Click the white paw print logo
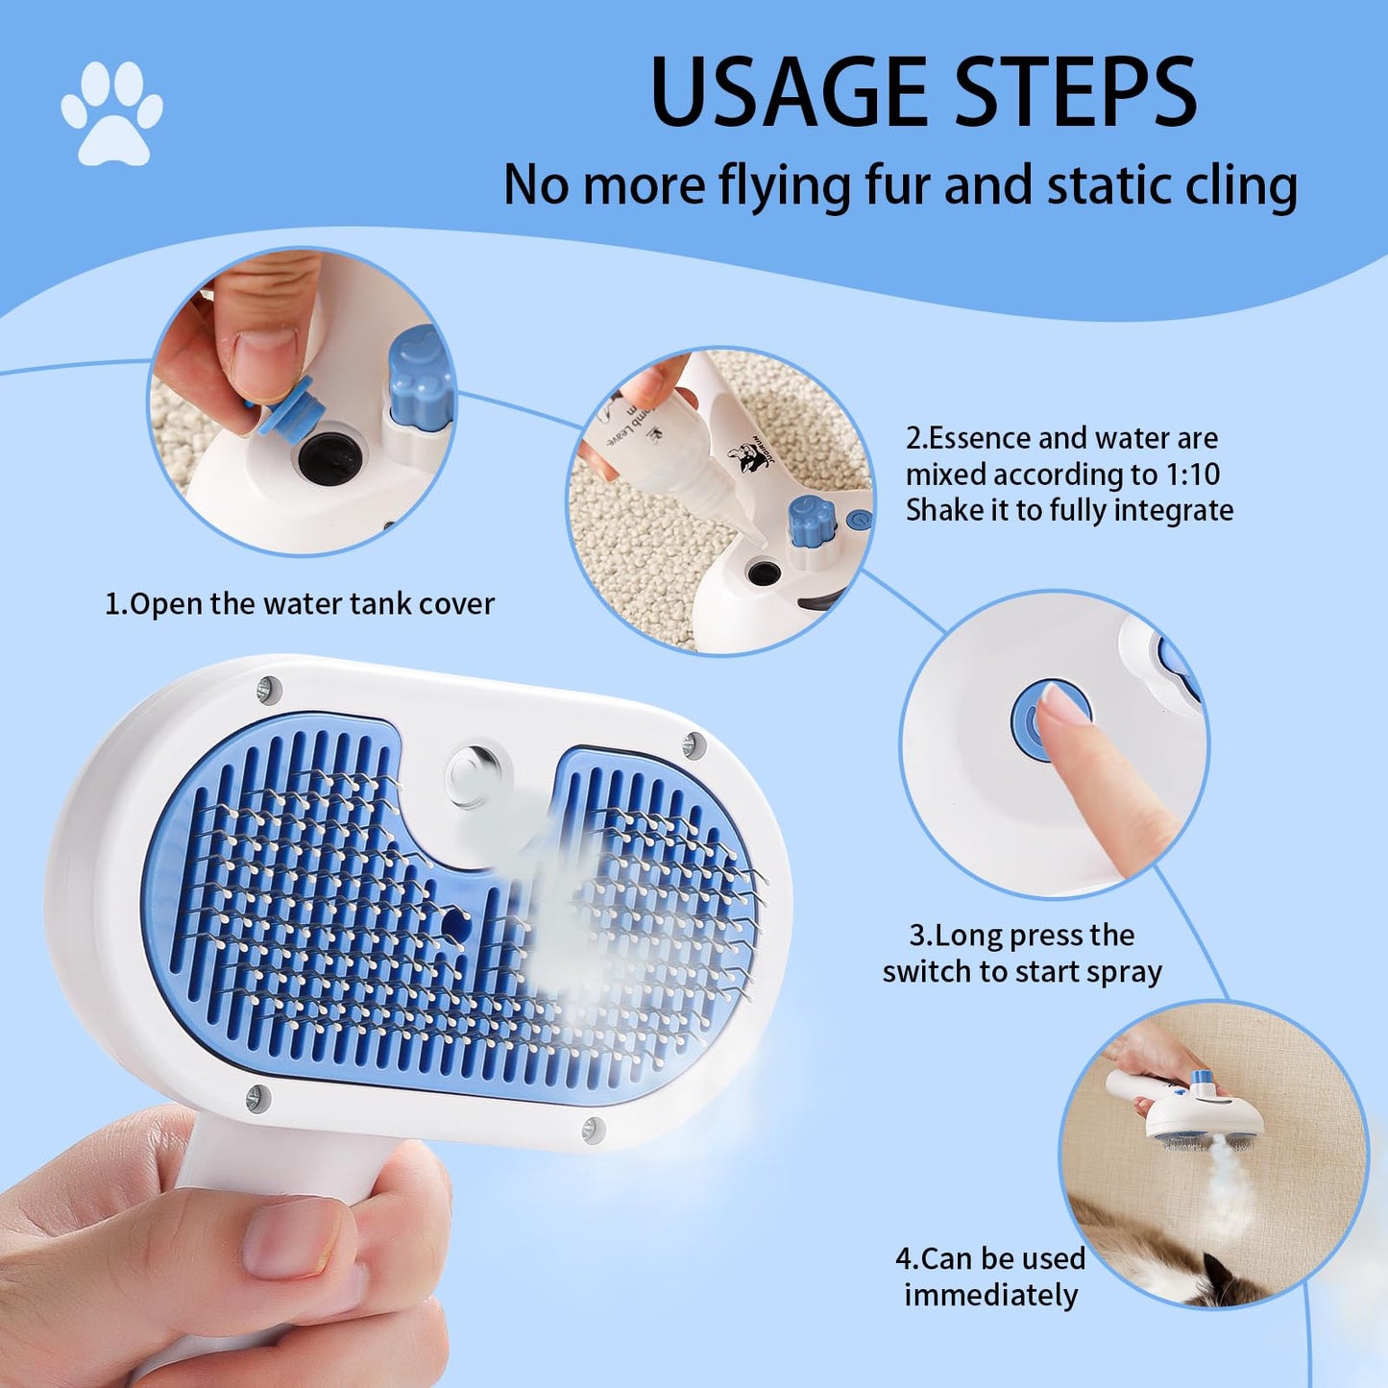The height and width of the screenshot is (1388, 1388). [111, 114]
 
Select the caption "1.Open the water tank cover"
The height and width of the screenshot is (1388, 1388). [300, 604]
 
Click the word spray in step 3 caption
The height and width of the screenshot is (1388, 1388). [1122, 972]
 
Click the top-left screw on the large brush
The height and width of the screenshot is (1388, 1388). [268, 688]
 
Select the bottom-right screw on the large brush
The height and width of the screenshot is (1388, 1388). [594, 1128]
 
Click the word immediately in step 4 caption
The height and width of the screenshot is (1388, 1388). [990, 1295]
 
